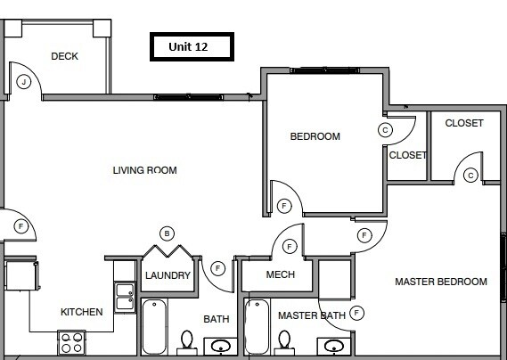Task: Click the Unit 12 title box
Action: [188, 47]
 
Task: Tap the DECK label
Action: [64, 56]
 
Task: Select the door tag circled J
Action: [24, 82]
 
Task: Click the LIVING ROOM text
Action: [144, 170]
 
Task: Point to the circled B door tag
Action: [167, 233]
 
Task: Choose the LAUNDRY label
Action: [168, 276]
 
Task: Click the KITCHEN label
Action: [81, 312]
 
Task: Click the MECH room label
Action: [281, 274]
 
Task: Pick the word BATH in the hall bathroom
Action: [216, 319]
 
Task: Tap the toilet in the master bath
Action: [285, 341]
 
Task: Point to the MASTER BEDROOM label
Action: [441, 282]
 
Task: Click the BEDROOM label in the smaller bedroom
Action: [315, 136]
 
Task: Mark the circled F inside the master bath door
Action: [357, 313]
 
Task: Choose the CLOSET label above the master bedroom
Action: [463, 123]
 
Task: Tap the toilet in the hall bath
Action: [187, 341]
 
